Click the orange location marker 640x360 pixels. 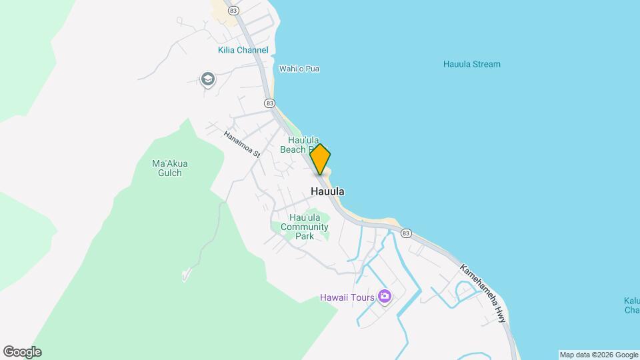(x=321, y=159)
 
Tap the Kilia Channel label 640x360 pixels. (x=243, y=50)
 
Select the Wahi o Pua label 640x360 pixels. (x=299, y=69)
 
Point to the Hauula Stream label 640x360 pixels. (x=471, y=64)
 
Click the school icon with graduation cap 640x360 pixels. (x=207, y=80)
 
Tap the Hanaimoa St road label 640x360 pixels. (x=242, y=143)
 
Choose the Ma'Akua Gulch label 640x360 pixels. (x=167, y=168)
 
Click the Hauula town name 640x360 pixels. (x=327, y=191)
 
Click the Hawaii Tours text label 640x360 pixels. (x=347, y=297)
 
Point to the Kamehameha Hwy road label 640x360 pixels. (x=483, y=294)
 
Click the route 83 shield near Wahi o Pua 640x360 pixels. (x=269, y=103)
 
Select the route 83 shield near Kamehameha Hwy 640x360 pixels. (x=406, y=233)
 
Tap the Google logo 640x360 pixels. (x=22, y=352)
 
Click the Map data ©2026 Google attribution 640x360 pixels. (x=598, y=355)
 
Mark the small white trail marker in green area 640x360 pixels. (x=187, y=274)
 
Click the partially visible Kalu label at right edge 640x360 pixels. (x=631, y=305)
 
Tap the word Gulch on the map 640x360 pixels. (x=167, y=173)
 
